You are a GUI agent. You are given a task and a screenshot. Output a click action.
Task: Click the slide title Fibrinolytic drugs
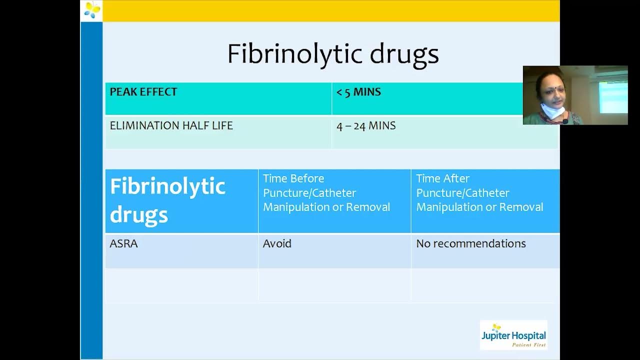click(x=333, y=53)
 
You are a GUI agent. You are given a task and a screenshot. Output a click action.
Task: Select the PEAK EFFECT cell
click(x=143, y=92)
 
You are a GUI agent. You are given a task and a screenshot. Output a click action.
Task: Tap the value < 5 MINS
click(x=358, y=92)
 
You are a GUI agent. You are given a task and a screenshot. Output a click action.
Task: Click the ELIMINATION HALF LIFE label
click(x=171, y=125)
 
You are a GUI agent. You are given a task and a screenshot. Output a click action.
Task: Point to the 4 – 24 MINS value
click(x=366, y=126)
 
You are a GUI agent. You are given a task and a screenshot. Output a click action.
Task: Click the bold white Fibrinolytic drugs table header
click(x=167, y=200)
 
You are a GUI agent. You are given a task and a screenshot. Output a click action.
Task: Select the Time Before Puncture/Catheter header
click(x=326, y=193)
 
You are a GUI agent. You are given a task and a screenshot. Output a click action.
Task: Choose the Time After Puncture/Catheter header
click(x=479, y=193)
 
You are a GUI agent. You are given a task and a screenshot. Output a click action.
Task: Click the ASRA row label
click(x=123, y=244)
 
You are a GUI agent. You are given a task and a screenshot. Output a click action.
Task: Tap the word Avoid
click(x=277, y=244)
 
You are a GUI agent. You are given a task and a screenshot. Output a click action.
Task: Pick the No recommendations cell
click(x=470, y=244)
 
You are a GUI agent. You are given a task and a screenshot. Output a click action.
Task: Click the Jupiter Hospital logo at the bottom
click(x=513, y=335)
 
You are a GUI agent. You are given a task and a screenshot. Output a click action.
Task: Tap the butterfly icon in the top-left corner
click(x=92, y=10)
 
